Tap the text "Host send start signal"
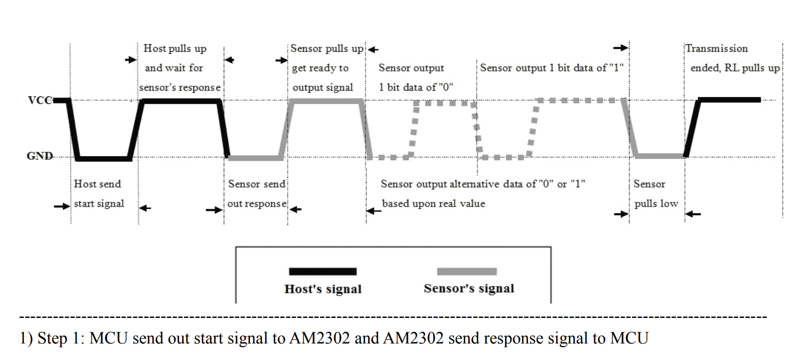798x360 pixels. point(98,193)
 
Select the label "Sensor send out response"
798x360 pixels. point(257,193)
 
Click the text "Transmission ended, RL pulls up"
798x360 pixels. point(733,58)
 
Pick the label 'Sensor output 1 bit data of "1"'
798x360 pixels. point(551,68)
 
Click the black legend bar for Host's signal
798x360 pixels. point(322,272)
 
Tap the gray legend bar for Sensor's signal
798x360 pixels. point(467,272)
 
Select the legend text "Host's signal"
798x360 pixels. point(323,289)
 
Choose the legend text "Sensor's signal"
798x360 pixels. point(469,289)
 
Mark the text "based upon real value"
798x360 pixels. point(433,203)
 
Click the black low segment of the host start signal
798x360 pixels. point(104,159)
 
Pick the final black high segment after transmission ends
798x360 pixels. point(729,100)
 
